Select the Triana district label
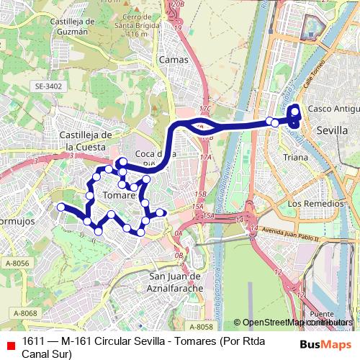point(295,156)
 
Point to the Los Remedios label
point(313,204)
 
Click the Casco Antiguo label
point(333,108)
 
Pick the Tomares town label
point(120,195)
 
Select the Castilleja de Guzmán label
point(69,27)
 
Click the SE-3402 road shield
point(48,86)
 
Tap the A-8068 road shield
point(24,312)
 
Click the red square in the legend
point(10,344)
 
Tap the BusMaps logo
point(325,344)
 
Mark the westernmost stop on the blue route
point(61,207)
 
